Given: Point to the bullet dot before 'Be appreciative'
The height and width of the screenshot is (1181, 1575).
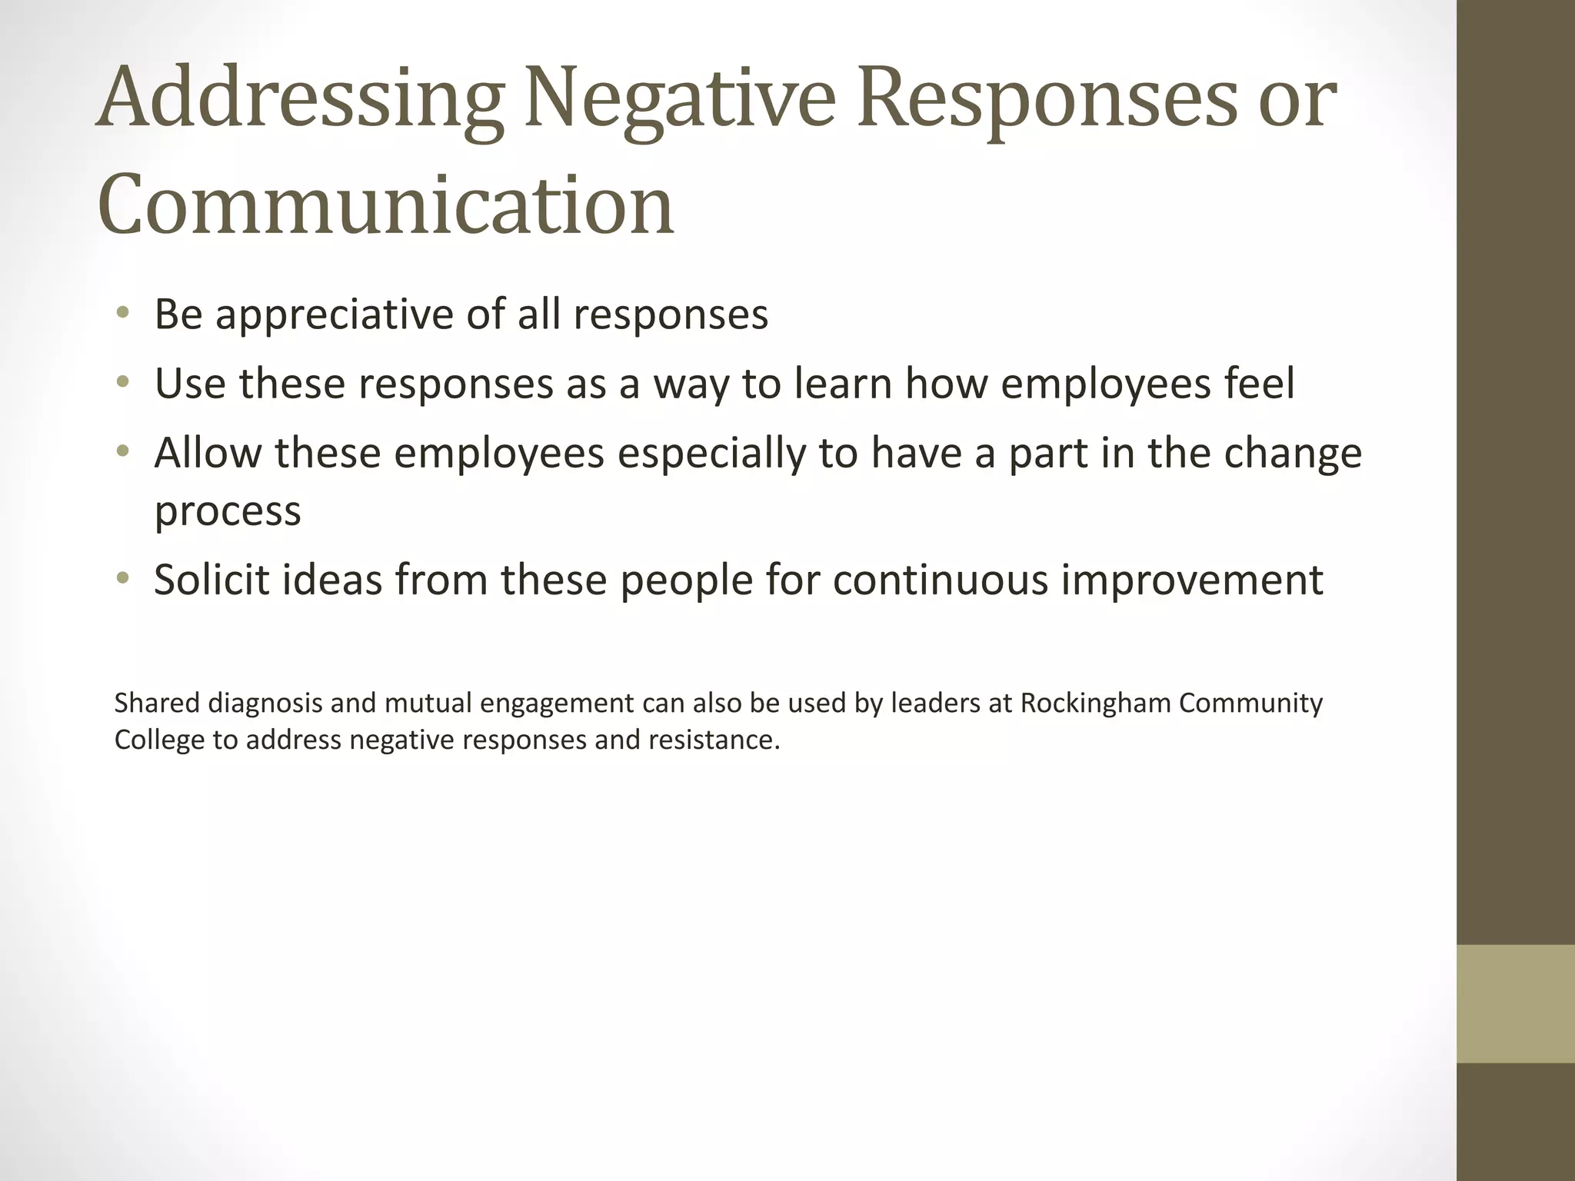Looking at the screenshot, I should click(122, 312).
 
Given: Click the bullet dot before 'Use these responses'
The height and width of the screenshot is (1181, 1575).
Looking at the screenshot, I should click(122, 381).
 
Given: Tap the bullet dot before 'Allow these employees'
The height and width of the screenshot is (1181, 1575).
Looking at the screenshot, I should click(122, 451).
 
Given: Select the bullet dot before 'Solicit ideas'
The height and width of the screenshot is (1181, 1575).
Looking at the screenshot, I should click(122, 577).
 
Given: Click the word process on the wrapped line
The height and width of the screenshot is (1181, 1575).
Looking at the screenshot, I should click(228, 512).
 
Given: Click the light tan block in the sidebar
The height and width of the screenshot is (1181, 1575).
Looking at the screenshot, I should click(1516, 1003).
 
